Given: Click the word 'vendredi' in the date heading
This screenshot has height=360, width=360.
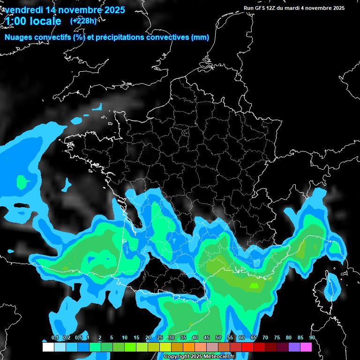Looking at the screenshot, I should pyautogui.click(x=24, y=10).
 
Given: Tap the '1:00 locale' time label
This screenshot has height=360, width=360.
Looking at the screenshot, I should pyautogui.click(x=33, y=21).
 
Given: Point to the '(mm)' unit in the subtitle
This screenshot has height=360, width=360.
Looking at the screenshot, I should pyautogui.click(x=199, y=37).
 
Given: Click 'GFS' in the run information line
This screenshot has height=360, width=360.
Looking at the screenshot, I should pyautogui.click(x=262, y=8).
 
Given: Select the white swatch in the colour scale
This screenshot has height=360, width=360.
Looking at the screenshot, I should pyautogui.click(x=48, y=347).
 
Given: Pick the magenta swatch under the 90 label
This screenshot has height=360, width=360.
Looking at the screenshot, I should pyautogui.click(x=306, y=347).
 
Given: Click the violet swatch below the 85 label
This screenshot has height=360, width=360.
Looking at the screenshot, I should pyautogui.click(x=294, y=347).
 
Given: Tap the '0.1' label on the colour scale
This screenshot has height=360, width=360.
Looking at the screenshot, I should pyautogui.click(x=55, y=338).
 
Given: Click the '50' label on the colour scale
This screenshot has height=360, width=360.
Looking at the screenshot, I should pyautogui.click(x=218, y=338).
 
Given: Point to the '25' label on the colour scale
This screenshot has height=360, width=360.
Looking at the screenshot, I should pyautogui.click(x=160, y=338).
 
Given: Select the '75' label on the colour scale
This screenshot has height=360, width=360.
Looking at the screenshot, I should pyautogui.click(x=277, y=338).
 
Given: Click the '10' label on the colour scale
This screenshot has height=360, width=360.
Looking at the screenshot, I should pyautogui.click(x=125, y=338).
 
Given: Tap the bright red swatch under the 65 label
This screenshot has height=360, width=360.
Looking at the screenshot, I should pyautogui.click(x=247, y=347).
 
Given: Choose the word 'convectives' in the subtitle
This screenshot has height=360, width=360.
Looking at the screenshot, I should pyautogui.click(x=168, y=37).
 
